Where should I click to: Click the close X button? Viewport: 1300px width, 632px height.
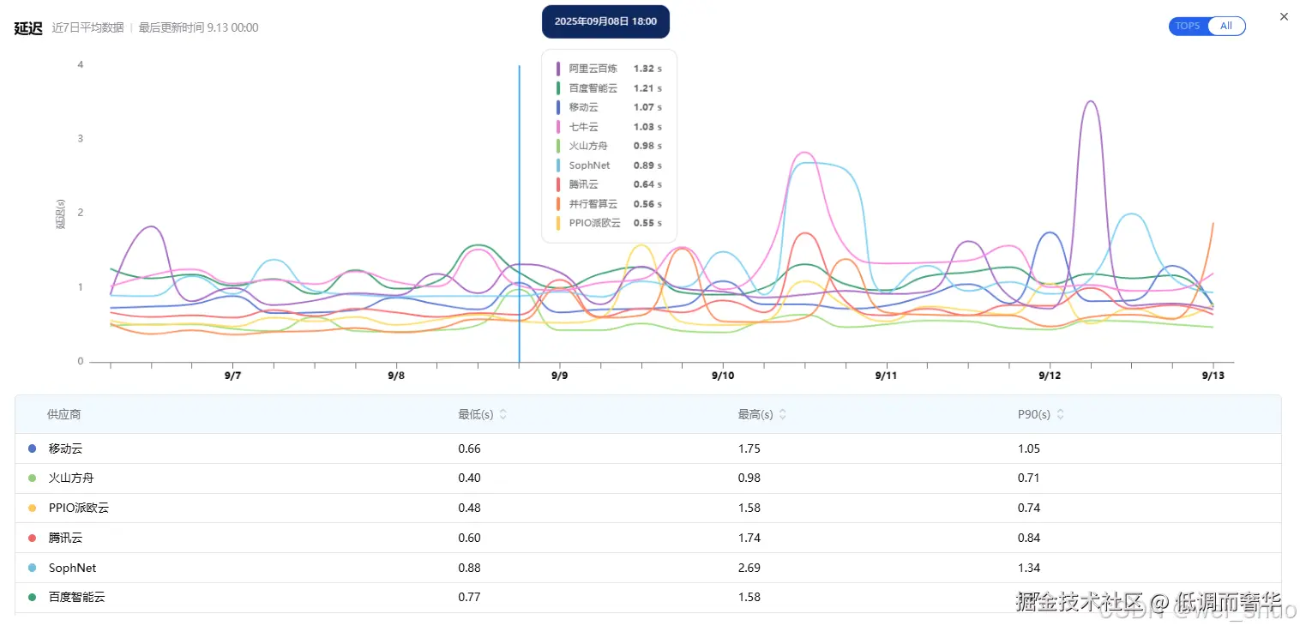point(1284,16)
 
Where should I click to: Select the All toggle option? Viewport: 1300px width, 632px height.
point(1226,26)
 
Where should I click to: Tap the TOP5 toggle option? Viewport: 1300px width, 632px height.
point(1188,26)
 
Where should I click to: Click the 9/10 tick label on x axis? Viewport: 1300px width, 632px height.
point(723,376)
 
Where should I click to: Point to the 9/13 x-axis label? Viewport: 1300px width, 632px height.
point(1212,376)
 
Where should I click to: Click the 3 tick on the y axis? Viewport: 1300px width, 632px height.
point(81,139)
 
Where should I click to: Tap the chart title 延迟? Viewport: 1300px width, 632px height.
point(28,27)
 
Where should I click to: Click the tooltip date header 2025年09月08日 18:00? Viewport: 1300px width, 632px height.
point(605,21)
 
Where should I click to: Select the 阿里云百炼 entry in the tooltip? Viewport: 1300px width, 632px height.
point(593,69)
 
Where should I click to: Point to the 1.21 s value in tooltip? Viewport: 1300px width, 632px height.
point(647,88)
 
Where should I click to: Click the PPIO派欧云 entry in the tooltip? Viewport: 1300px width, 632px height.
point(594,223)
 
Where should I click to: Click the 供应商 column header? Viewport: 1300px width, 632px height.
point(64,414)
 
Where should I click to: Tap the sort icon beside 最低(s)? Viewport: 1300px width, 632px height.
point(503,414)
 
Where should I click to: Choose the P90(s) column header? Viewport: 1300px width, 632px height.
point(1033,414)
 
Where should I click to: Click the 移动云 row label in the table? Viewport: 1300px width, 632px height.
point(66,448)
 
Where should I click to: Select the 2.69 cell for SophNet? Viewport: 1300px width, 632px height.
point(749,568)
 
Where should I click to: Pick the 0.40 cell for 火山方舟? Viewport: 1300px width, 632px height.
point(469,478)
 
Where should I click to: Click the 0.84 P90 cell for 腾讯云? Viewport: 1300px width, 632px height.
point(1028,538)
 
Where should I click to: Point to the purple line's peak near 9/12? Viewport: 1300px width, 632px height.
point(1090,101)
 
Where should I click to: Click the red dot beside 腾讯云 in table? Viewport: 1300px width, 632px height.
point(33,538)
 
